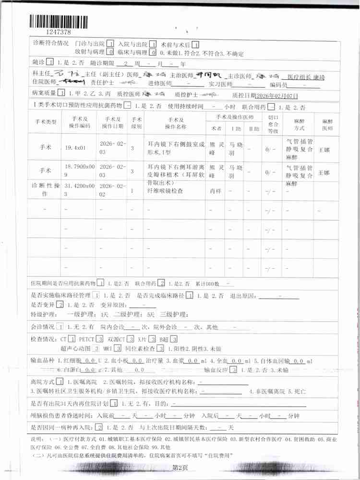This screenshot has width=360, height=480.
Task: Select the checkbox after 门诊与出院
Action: (x=110, y=43)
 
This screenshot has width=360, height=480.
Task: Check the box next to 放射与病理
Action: (x=110, y=52)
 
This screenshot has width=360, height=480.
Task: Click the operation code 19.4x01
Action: (x=75, y=149)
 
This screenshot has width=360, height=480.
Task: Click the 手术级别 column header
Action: (x=136, y=122)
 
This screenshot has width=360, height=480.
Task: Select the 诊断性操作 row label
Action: (x=46, y=189)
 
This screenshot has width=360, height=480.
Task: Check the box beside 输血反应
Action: (x=233, y=370)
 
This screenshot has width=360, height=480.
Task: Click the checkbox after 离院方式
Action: (x=60, y=382)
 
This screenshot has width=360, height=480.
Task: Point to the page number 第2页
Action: (x=180, y=467)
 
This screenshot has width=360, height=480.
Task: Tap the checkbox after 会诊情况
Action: (x=60, y=327)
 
